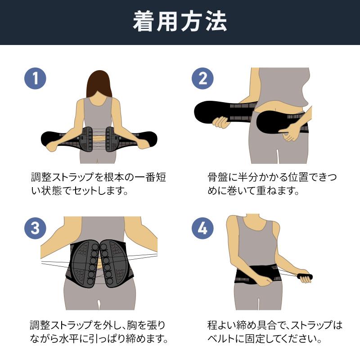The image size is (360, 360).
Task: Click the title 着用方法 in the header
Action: point(180,22)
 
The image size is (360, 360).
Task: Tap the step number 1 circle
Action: point(35,79)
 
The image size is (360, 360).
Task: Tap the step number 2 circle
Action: point(202,79)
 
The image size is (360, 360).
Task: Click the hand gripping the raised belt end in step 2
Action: point(220,122)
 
